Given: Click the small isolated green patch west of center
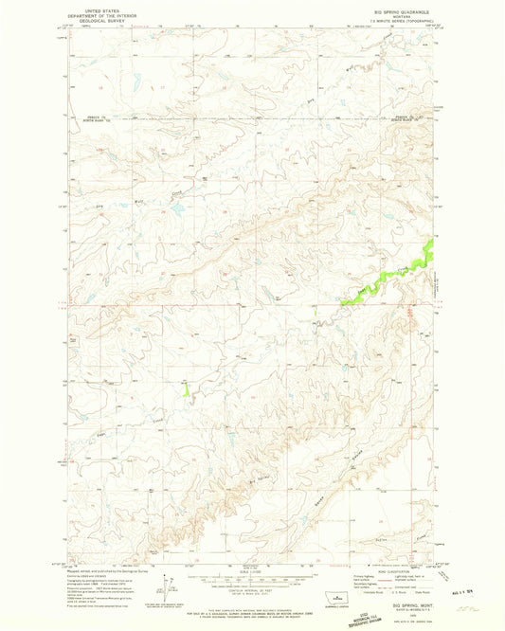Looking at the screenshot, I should coord(186,388).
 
